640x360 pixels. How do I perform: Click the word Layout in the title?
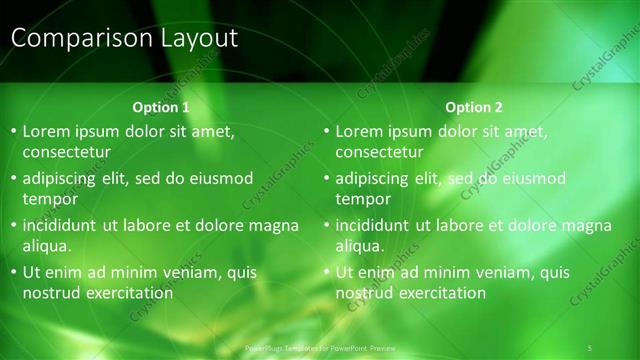[x=200, y=39]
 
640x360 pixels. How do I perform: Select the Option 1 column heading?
[x=160, y=107]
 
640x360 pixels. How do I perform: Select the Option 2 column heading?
[x=474, y=107]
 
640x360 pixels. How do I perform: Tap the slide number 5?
[x=591, y=347]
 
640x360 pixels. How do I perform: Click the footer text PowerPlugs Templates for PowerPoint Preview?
[x=321, y=347]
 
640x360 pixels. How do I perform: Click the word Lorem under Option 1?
[x=48, y=132]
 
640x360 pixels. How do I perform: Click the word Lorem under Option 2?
[x=361, y=132]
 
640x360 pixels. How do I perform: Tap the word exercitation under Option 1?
[x=128, y=293]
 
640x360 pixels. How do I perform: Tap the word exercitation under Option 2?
[x=441, y=293]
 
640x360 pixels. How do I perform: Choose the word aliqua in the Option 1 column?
[x=47, y=246]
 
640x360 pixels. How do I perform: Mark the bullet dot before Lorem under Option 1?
[x=13, y=132]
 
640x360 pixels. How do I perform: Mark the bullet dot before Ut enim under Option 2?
[x=326, y=272]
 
